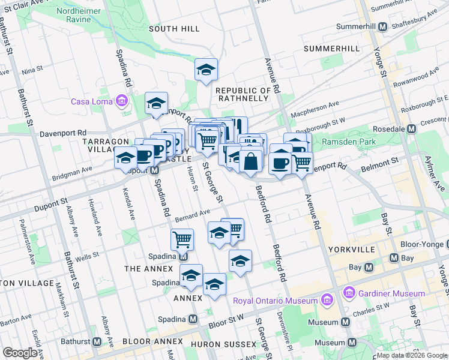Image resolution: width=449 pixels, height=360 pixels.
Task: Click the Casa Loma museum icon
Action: [122, 100]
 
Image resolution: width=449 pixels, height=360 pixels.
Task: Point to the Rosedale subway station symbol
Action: [412, 129]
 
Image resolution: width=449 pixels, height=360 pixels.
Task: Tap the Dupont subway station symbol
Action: [154, 170]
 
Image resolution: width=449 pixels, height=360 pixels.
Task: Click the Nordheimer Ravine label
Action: [82, 15]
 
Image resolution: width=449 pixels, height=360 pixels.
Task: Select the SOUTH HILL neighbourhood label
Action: [171, 29]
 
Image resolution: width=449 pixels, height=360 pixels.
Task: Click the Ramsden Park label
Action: [348, 142]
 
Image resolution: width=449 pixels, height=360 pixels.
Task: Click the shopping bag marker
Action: [251, 162]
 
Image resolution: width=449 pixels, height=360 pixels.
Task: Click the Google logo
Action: [20, 353]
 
